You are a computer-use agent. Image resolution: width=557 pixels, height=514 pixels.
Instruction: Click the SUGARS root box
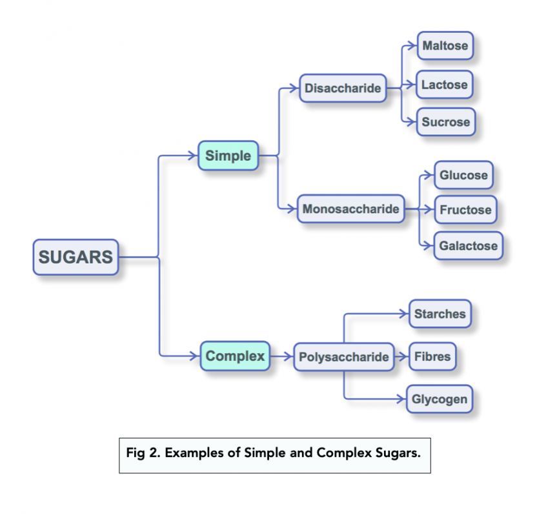(76, 257)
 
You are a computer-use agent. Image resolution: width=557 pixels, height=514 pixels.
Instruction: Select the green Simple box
(228, 156)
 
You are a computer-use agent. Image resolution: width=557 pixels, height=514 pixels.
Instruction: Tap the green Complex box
(235, 356)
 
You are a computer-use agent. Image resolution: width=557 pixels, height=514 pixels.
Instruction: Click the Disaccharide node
(343, 88)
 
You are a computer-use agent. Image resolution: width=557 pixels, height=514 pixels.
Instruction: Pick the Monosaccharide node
(350, 209)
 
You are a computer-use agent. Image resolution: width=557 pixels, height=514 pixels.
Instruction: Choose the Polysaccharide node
(343, 356)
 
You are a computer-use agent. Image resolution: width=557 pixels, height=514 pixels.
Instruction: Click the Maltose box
(445, 46)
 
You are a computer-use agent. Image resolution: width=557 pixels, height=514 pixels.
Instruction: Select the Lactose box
(445, 85)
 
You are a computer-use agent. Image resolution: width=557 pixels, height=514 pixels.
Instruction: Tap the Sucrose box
(445, 122)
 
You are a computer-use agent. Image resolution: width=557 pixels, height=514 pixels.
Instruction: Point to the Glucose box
(463, 175)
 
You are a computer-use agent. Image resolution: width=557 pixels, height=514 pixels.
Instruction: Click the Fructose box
(465, 210)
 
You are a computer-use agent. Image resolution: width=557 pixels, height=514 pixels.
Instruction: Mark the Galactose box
(468, 246)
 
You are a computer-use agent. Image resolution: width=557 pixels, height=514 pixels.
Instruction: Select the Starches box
(440, 314)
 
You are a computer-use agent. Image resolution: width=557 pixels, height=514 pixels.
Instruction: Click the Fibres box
(433, 356)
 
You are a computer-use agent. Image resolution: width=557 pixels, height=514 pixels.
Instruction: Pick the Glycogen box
(439, 399)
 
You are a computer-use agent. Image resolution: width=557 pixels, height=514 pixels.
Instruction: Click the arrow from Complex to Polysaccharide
(281, 356)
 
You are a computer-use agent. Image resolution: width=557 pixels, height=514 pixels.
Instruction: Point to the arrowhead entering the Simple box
(192, 156)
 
